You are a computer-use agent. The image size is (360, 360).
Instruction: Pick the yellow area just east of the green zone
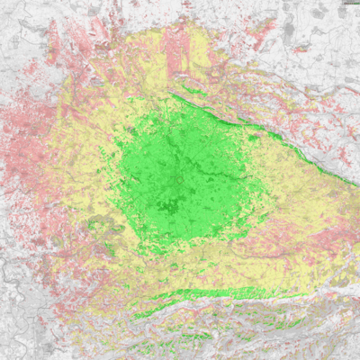(279, 180)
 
